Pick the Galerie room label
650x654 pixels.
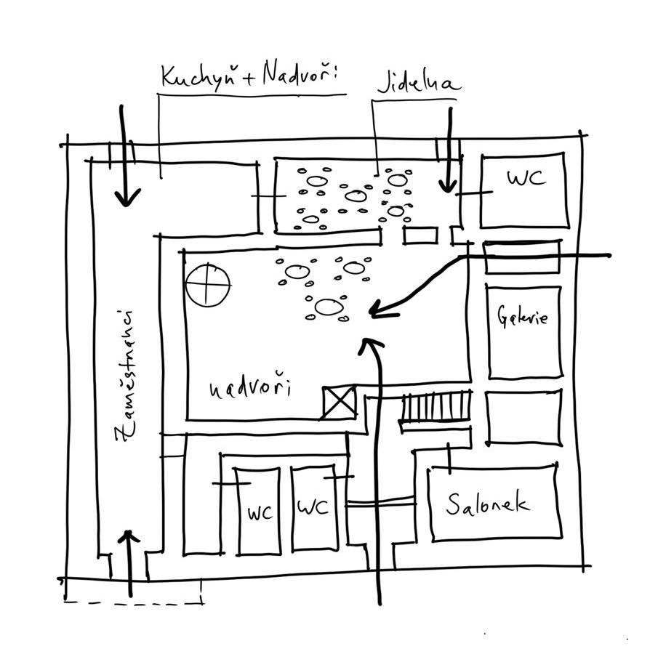click(x=523, y=317)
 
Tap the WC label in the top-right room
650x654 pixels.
click(x=524, y=178)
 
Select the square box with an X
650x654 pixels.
click(x=339, y=402)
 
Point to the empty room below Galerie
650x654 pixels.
click(x=523, y=419)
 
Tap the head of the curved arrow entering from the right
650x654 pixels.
click(x=375, y=312)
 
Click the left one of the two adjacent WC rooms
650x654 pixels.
click(x=258, y=510)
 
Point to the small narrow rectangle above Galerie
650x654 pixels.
click(x=521, y=257)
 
